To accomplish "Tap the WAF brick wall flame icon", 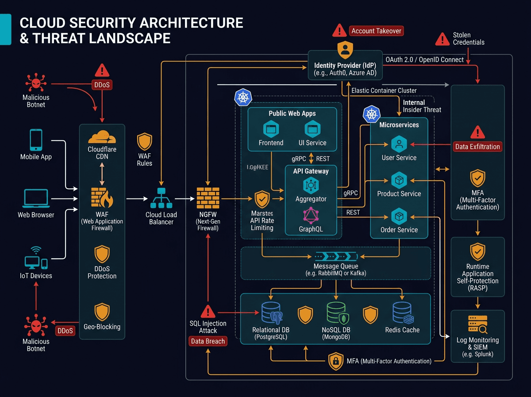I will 102,197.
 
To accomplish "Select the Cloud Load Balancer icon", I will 161,198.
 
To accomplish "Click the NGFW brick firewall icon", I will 208,198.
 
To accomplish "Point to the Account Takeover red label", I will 376,31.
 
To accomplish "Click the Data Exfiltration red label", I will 477,147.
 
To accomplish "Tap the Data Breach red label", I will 208,341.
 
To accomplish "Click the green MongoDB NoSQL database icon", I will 336,313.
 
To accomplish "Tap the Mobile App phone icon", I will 36,140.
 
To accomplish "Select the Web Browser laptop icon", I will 36,198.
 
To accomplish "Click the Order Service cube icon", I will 399,216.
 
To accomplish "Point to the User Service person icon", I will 399,144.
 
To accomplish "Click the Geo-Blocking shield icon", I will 102,312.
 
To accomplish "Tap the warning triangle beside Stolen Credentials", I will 442,39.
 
